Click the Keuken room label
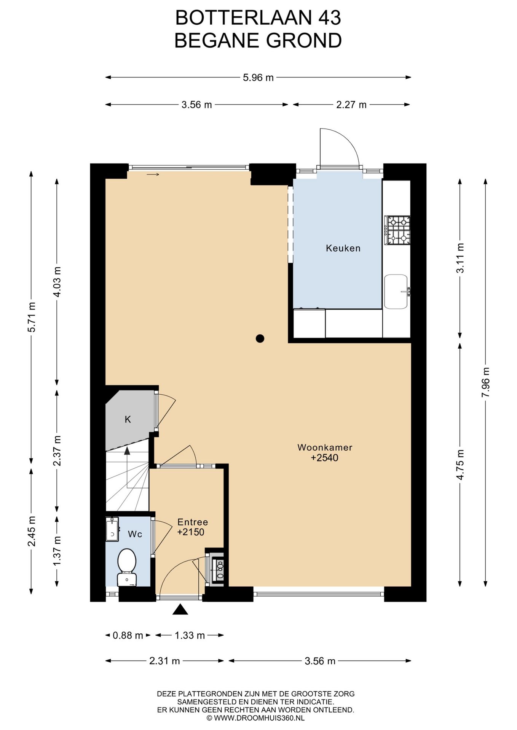pyautogui.click(x=343, y=248)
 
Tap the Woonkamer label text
pyautogui.click(x=325, y=447)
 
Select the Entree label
pyautogui.click(x=193, y=522)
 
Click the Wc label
pyautogui.click(x=135, y=534)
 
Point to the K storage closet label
pyautogui.click(x=128, y=419)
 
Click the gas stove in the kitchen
pyautogui.click(x=397, y=230)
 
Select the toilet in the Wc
pyautogui.click(x=127, y=567)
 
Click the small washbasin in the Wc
pyautogui.click(x=112, y=529)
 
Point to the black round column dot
pyautogui.click(x=260, y=338)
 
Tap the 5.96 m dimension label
pyautogui.click(x=258, y=78)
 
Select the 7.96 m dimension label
pyautogui.click(x=486, y=382)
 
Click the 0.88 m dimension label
pyautogui.click(x=128, y=635)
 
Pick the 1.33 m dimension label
pyautogui.click(x=190, y=635)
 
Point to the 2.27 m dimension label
pyautogui.click(x=351, y=105)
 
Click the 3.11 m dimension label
pyautogui.click(x=460, y=258)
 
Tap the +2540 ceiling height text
pyautogui.click(x=325, y=458)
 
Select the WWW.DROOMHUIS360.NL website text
pyautogui.click(x=259, y=718)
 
